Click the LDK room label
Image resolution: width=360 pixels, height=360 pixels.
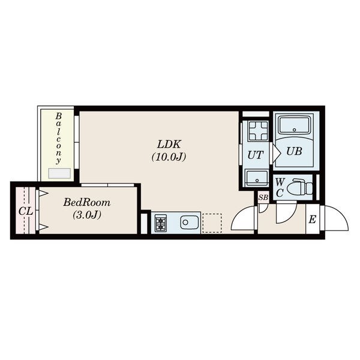click(169, 145)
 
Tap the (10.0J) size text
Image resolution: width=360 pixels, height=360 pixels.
click(169, 157)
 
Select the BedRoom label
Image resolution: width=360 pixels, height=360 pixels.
click(87, 203)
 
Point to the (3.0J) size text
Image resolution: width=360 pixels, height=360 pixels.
click(87, 215)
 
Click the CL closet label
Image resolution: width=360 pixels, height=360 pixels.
click(26, 211)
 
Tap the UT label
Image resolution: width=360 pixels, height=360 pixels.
click(256, 155)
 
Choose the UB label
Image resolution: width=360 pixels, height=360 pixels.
click(294, 151)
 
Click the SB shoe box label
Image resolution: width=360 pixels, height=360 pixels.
click(263, 197)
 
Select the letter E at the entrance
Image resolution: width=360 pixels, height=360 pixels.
click(312, 220)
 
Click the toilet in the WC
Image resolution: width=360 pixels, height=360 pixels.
click(299, 188)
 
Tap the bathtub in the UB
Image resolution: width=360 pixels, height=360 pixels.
click(295, 125)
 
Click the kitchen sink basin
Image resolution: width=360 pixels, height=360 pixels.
click(190, 222)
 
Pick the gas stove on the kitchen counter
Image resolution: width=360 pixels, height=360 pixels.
click(161, 223)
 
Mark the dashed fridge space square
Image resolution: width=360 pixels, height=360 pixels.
click(212, 223)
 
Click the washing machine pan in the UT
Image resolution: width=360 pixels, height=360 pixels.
click(259, 131)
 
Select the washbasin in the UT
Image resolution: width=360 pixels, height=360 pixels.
click(257, 178)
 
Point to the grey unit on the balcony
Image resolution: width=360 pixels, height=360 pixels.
click(59, 173)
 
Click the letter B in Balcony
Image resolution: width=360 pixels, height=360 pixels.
click(59, 116)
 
